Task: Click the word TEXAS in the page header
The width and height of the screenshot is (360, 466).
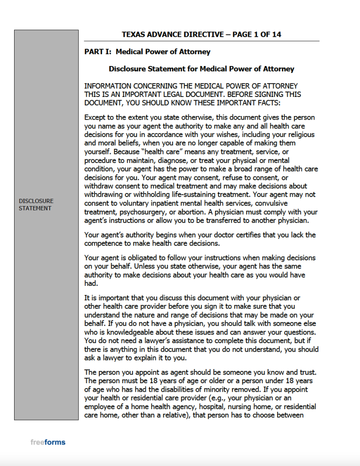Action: coord(132,35)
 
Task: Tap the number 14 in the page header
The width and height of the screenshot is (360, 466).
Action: coord(282,35)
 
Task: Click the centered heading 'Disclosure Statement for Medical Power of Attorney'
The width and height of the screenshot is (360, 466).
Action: coord(201,69)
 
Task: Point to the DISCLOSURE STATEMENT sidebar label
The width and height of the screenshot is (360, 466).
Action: coord(36,204)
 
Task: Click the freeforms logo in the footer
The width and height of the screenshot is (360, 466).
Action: coord(48,442)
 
